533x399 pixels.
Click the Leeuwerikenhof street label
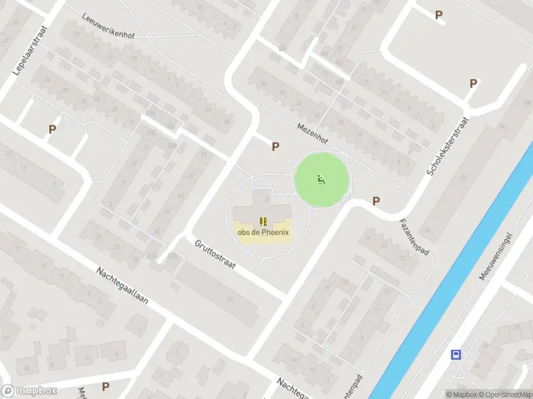click(x=108, y=26)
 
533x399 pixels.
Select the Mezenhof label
click(x=312, y=131)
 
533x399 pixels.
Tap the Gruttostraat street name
click(x=215, y=255)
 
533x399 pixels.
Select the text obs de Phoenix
click(x=263, y=232)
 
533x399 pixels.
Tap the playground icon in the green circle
click(x=321, y=178)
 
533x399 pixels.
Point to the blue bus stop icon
click(x=456, y=354)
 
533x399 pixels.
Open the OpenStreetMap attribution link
click(x=505, y=394)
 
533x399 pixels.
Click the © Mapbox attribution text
click(x=461, y=394)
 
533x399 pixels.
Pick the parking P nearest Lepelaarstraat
click(x=51, y=130)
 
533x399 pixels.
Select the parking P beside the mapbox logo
click(x=105, y=386)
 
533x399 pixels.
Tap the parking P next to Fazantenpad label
click(x=376, y=201)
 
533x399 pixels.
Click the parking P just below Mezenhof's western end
click(x=275, y=146)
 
